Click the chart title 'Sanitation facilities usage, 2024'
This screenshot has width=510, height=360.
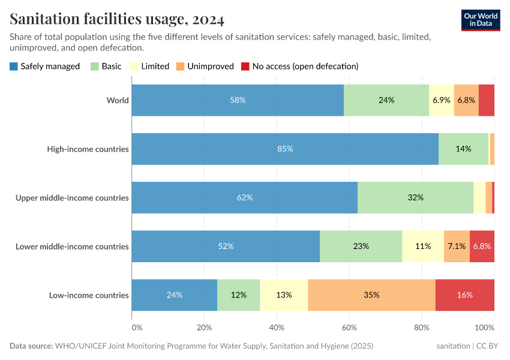(x=117, y=20)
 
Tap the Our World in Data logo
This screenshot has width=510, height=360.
(x=480, y=20)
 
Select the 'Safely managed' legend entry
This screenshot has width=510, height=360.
(x=44, y=66)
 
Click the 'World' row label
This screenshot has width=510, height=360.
(x=118, y=100)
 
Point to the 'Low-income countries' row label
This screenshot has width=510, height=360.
(x=89, y=295)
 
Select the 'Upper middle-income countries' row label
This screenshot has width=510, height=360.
(x=72, y=197)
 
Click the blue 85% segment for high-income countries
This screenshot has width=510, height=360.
(x=285, y=149)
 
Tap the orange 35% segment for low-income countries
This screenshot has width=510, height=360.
(x=371, y=295)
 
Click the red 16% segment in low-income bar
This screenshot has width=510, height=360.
(x=465, y=295)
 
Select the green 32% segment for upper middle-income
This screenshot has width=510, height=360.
(x=415, y=197)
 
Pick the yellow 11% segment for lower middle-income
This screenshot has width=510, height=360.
(x=423, y=246)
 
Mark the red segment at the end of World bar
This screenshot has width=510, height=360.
(x=486, y=100)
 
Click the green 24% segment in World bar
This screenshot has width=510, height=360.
(x=386, y=100)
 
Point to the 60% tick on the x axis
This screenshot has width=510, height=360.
(x=349, y=328)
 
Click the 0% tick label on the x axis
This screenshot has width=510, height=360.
(x=137, y=328)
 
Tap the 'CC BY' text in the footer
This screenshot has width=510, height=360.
(x=489, y=346)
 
